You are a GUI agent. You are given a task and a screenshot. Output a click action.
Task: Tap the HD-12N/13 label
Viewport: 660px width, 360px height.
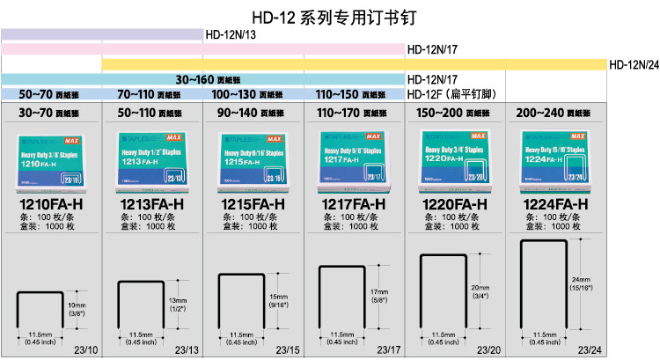[x=231, y=35]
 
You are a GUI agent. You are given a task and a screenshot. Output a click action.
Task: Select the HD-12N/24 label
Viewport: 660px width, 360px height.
[x=634, y=64]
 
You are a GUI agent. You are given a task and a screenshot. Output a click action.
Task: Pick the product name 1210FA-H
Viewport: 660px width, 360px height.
[x=50, y=204]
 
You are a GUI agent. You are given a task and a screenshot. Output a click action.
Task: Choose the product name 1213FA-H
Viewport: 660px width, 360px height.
[x=150, y=204]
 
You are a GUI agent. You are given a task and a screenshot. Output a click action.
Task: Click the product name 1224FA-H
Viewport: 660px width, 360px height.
[x=555, y=204]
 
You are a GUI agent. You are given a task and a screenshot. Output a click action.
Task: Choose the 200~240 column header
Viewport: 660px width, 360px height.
[x=555, y=113]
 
